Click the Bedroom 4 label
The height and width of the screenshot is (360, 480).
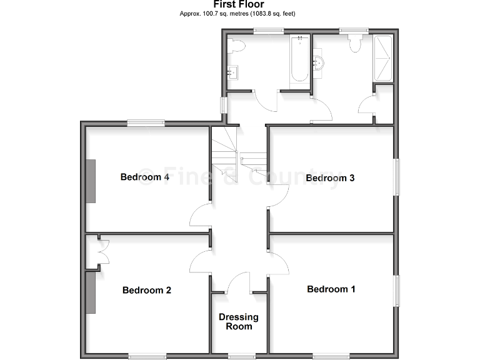click(x=145, y=177)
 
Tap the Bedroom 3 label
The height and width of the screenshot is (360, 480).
click(x=330, y=178)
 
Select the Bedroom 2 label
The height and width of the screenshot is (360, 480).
click(x=147, y=290)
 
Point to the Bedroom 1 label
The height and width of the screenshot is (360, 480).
click(x=331, y=289)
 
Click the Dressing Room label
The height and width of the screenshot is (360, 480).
click(x=239, y=321)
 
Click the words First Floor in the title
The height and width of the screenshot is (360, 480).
click(x=238, y=5)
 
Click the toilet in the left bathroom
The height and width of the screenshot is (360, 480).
click(x=236, y=45)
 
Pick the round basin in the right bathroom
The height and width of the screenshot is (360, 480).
click(x=319, y=62)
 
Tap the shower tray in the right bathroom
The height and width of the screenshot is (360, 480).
click(x=383, y=59)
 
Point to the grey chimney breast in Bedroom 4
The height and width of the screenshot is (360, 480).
click(x=91, y=181)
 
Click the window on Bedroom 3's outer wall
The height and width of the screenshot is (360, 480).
click(x=396, y=177)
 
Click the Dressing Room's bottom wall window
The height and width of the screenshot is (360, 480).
click(x=241, y=357)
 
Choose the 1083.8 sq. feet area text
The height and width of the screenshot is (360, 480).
click(x=273, y=13)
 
